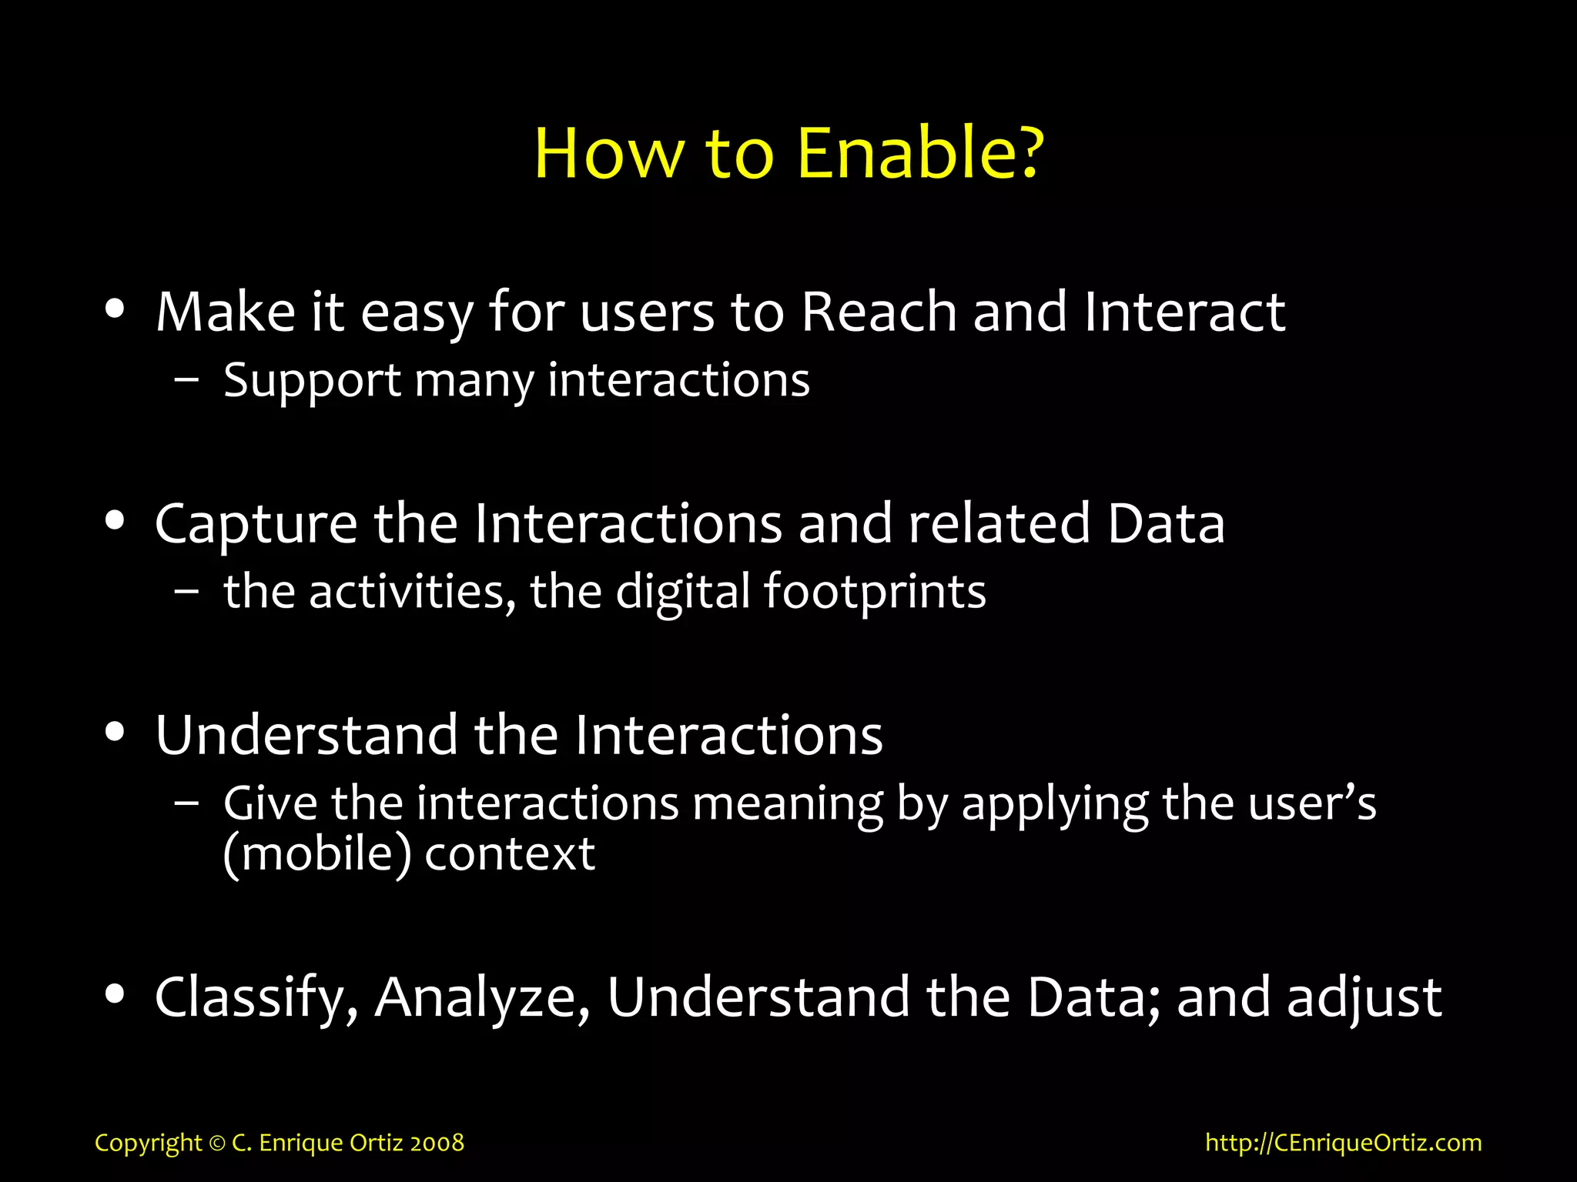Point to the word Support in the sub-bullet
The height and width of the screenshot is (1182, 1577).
pos(312,380)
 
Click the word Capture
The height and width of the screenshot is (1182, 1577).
pos(256,524)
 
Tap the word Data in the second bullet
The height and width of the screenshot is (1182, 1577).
pos(1166,524)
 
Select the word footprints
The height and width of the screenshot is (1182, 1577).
pos(875,592)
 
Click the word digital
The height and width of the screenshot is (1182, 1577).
pos(682,592)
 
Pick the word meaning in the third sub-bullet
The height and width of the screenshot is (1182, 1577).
pos(787,804)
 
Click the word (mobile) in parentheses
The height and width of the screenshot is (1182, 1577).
pos(316,854)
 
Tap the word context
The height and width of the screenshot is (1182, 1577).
pos(510,854)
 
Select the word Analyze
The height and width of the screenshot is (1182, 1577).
pos(482,997)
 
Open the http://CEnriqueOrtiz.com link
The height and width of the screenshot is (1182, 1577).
pos(1343,1143)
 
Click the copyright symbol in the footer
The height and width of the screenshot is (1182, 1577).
pos(216,1144)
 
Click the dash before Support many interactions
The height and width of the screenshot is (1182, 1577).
pos(186,380)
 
